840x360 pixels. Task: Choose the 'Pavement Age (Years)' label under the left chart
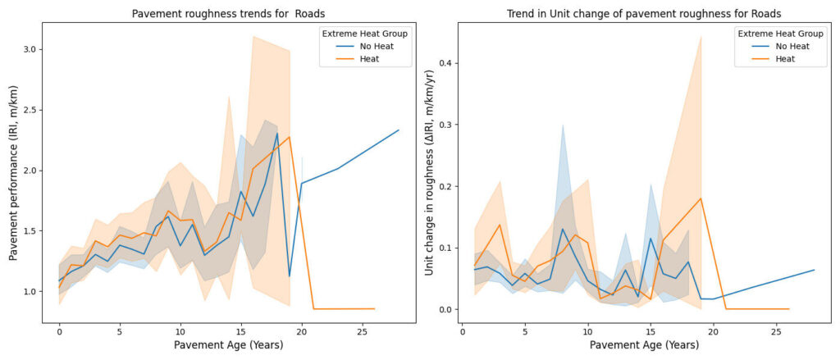[223, 345]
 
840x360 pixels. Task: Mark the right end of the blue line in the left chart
[399, 130]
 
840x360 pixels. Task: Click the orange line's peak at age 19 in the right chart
[701, 198]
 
